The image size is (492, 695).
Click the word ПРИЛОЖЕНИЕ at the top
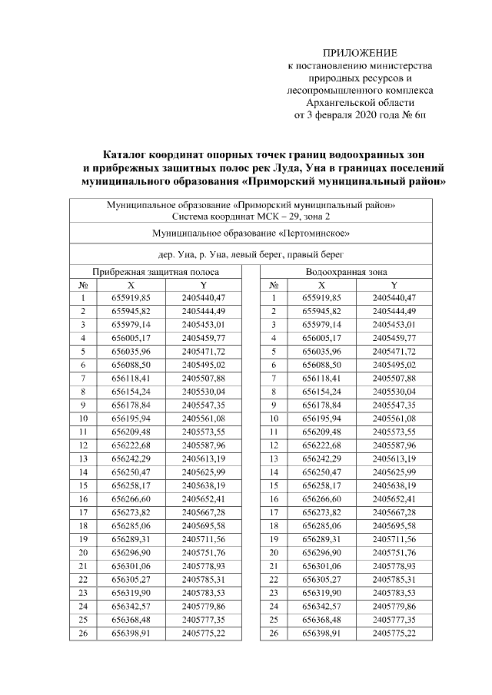click(x=361, y=53)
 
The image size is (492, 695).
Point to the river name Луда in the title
click(x=331, y=167)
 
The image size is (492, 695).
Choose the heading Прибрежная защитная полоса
click(x=156, y=273)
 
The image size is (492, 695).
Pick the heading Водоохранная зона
click(x=346, y=273)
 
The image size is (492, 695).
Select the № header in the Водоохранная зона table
click(x=274, y=284)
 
